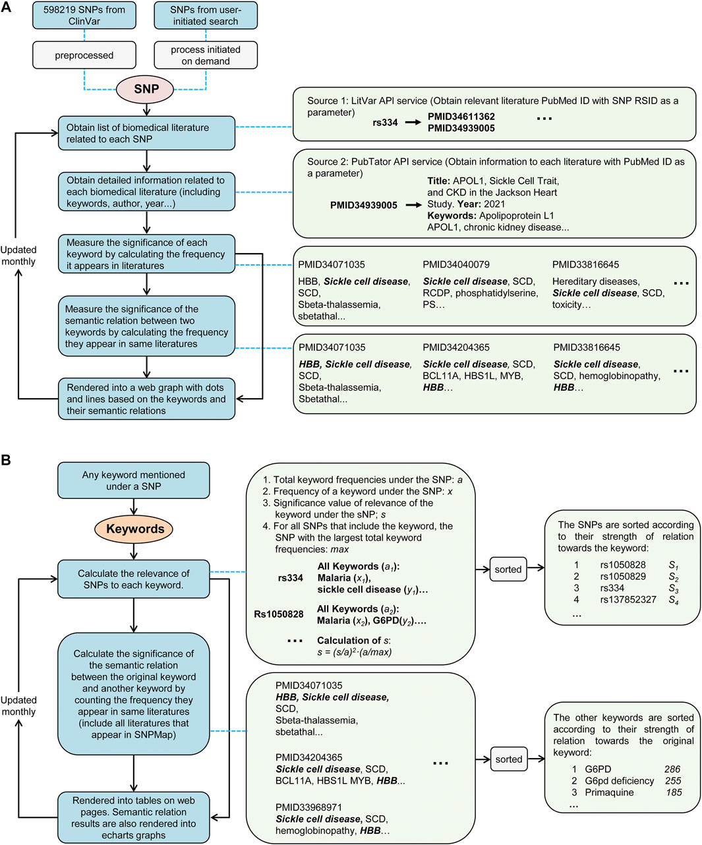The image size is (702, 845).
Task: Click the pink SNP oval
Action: pyautogui.click(x=146, y=90)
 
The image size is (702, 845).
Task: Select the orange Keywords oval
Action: pyautogui.click(x=134, y=529)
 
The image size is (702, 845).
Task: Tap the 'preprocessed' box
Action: pyautogui.click(x=84, y=55)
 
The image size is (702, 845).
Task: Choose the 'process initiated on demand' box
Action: pyautogui.click(x=205, y=55)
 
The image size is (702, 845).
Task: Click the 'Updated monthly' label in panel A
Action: pyautogui.click(x=18, y=256)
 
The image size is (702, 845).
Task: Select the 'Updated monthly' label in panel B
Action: pyautogui.click(x=18, y=706)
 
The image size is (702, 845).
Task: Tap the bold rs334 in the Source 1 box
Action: pyautogui.click(x=384, y=122)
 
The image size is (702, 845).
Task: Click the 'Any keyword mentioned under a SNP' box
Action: pyautogui.click(x=134, y=481)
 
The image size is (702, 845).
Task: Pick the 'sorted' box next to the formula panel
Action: pyautogui.click(x=508, y=569)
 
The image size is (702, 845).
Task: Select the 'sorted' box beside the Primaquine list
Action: pyautogui.click(x=508, y=759)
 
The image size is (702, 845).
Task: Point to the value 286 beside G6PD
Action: pyautogui.click(x=672, y=769)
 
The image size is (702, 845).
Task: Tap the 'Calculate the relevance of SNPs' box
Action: pyautogui.click(x=134, y=579)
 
